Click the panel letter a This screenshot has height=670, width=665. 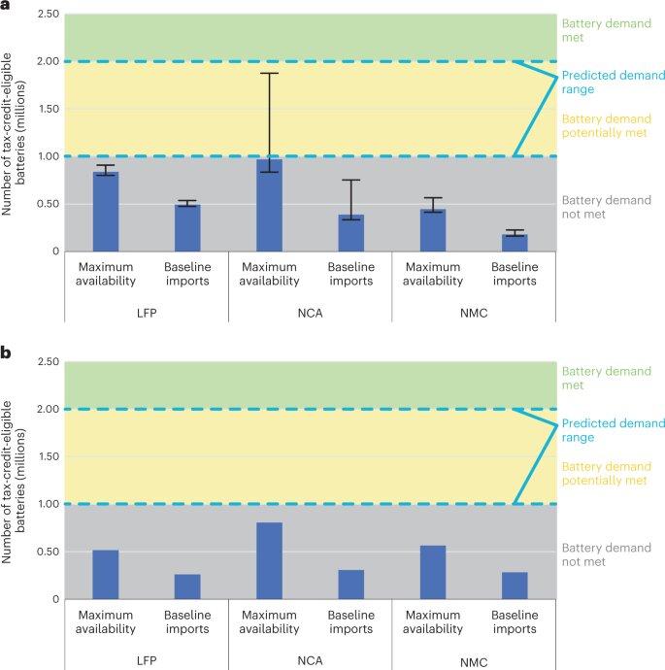click(x=7, y=7)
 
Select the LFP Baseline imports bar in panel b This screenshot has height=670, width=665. click(x=187, y=586)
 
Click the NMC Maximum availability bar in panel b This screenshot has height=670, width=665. click(x=433, y=572)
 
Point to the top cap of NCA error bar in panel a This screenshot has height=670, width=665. click(x=269, y=73)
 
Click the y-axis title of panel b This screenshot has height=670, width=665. click(x=19, y=481)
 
